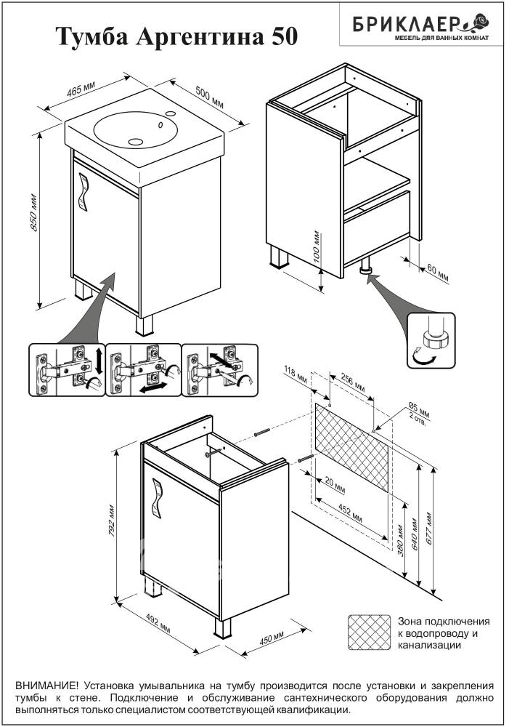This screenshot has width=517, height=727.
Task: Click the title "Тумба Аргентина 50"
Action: pyautogui.click(x=177, y=36)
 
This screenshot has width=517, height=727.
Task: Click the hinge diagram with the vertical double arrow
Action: pyautogui.click(x=67, y=369)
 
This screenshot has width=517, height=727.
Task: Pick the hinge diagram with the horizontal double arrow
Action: pyautogui.click(x=142, y=369)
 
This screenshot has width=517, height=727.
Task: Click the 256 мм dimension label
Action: pyautogui.click(x=351, y=383)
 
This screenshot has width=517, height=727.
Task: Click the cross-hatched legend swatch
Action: pyautogui.click(x=370, y=632)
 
